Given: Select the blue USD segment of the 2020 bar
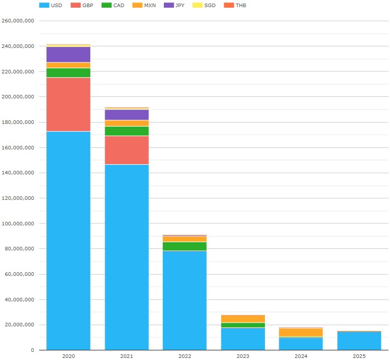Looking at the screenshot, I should (x=68, y=240).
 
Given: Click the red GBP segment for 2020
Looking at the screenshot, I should (x=68, y=105).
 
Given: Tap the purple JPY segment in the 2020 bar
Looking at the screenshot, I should (x=68, y=55).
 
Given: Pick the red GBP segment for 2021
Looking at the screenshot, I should (x=127, y=150).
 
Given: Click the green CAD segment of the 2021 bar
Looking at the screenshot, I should (x=127, y=131).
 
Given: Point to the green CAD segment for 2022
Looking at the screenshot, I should (x=185, y=246).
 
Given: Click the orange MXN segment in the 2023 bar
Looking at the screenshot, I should (x=243, y=319).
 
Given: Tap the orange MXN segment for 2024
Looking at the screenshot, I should (x=301, y=332).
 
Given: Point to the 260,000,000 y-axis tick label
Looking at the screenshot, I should (x=18, y=21).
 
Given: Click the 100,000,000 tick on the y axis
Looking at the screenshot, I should (x=18, y=223).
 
